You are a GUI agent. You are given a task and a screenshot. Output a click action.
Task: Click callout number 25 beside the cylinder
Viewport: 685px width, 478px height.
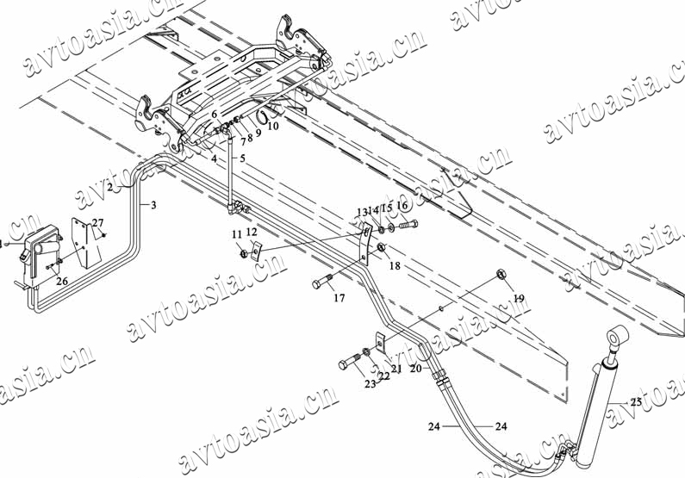[635, 402]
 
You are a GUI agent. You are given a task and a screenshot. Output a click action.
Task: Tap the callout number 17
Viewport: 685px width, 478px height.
[339, 298]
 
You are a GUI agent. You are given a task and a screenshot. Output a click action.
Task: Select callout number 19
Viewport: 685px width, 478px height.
[518, 298]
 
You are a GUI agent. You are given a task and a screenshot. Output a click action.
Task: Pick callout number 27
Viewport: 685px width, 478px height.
[97, 223]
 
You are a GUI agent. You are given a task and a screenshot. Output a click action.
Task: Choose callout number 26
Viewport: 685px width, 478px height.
[61, 281]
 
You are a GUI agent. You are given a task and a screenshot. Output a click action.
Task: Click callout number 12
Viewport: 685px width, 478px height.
[252, 233]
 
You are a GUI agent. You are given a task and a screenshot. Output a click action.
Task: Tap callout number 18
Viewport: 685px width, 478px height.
[395, 266]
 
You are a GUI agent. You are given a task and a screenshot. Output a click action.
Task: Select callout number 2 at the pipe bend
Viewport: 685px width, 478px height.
[110, 187]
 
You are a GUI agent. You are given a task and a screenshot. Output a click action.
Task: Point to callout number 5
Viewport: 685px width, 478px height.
[242, 158]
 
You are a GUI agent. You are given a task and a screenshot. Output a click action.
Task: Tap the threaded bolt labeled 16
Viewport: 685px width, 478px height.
[408, 225]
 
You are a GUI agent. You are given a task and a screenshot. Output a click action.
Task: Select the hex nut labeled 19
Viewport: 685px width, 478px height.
[501, 275]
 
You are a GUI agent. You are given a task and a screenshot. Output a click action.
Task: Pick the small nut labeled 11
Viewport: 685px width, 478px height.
[244, 253]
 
